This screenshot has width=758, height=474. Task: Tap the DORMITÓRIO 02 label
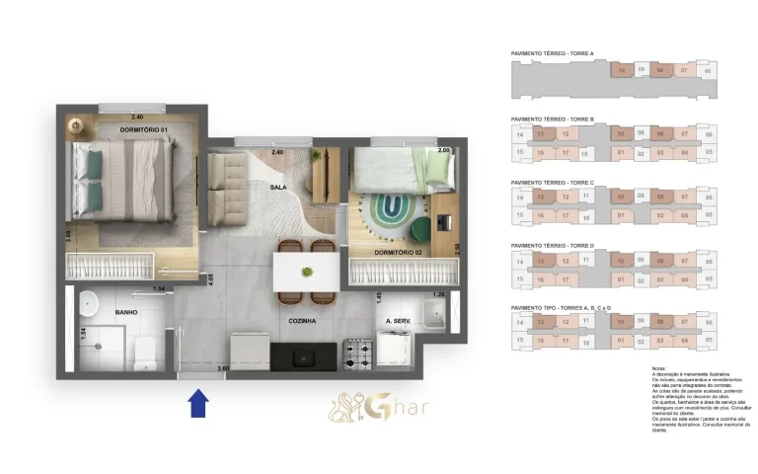point(399,253)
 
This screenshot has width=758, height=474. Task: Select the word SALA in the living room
point(278,187)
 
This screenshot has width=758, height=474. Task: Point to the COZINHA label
point(301,321)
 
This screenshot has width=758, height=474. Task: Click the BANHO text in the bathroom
point(125,312)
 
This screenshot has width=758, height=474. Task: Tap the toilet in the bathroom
point(144,349)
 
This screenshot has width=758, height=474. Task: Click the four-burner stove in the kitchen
point(354,352)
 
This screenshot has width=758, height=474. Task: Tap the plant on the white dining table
point(307,271)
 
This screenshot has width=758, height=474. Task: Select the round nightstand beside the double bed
point(76,125)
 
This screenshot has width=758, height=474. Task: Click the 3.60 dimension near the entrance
point(224,368)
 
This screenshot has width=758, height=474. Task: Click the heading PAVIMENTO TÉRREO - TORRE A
point(552,53)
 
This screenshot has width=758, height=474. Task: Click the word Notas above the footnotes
point(659,367)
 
